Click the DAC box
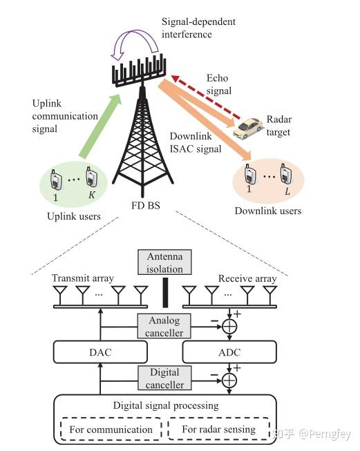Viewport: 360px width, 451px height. (100, 352)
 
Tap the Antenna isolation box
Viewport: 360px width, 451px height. (164, 262)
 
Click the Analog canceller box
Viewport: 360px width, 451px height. (166, 325)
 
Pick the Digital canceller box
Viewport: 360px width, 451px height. (166, 378)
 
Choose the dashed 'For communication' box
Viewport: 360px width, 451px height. (111, 429)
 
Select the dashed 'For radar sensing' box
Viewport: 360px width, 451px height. (218, 429)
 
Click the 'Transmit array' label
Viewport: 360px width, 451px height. (82, 278)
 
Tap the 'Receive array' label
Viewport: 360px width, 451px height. (247, 278)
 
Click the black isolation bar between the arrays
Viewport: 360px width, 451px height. (165, 294)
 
